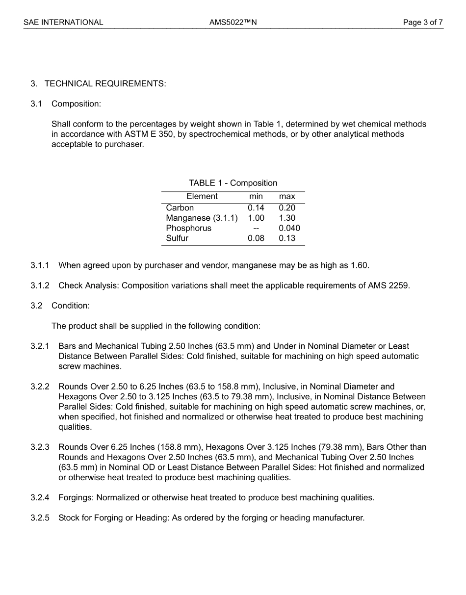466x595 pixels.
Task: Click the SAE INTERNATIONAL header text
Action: click(63, 22)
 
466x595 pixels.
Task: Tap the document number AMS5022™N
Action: click(233, 22)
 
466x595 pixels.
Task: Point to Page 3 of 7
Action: click(423, 22)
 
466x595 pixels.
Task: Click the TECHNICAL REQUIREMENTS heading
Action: click(105, 83)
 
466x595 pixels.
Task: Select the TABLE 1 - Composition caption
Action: click(233, 183)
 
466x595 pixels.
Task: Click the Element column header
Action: click(202, 196)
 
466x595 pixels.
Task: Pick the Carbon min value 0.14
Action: click(256, 207)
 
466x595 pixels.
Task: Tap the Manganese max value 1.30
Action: click(287, 218)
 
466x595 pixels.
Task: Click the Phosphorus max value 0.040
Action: click(289, 228)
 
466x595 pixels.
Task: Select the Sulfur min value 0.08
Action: click(256, 238)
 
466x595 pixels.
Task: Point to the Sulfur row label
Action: click(177, 238)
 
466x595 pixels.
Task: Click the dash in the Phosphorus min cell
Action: click(256, 228)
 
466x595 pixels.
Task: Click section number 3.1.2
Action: click(40, 285)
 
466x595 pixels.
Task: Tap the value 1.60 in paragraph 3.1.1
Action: click(360, 265)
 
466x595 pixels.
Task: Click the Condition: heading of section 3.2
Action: click(70, 306)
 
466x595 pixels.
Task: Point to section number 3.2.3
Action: click(40, 447)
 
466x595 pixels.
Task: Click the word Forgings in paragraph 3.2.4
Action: click(76, 497)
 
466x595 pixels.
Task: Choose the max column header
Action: click(287, 196)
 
